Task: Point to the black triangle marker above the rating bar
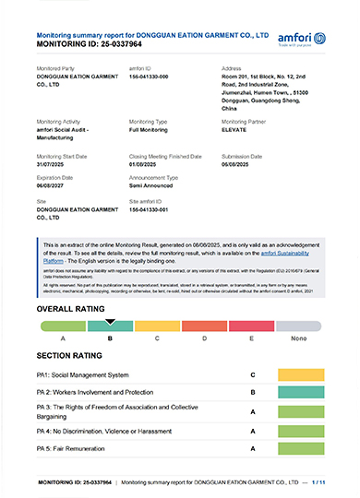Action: tap(111, 322)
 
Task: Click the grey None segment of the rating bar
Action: tap(298, 326)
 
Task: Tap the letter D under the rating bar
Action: tap(205, 339)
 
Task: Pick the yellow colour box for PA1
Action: tap(299, 376)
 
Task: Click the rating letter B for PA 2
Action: tap(252, 392)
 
